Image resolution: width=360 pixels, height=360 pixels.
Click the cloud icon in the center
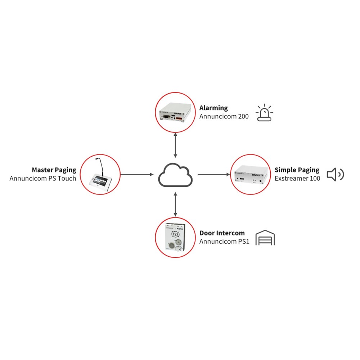click(175, 175)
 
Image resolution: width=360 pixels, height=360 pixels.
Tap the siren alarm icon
click(264, 113)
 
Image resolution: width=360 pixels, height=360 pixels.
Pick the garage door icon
click(265, 238)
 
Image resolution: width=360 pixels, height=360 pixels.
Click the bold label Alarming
click(213, 108)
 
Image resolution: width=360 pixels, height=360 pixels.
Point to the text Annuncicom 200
click(224, 117)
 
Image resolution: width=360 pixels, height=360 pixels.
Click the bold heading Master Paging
click(54, 170)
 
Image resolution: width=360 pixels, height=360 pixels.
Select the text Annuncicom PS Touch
click(43, 178)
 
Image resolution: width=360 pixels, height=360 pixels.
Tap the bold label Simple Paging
click(297, 170)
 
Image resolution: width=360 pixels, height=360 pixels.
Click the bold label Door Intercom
click(222, 233)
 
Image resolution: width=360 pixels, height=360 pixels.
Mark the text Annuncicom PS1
click(224, 242)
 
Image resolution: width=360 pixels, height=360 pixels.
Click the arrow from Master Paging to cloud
click(136, 175)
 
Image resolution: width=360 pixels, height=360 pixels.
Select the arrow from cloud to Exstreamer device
click(213, 175)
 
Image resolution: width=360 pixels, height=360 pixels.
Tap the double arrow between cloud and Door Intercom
click(175, 204)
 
